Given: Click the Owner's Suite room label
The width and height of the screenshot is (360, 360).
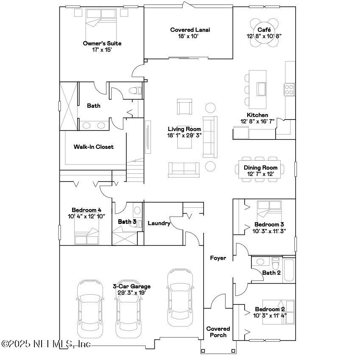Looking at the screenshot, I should tap(102, 43).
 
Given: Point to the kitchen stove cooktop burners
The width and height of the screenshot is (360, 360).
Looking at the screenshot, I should tap(289, 89).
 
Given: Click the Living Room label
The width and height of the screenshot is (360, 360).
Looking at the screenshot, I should tap(184, 129).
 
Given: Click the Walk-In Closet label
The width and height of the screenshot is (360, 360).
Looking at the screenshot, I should tap(93, 147).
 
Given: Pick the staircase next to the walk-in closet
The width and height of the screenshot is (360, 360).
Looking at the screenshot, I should tap(136, 169).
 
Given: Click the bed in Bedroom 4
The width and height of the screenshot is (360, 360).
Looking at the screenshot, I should tap(87, 236).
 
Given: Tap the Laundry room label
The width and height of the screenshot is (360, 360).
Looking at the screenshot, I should tap(159, 223).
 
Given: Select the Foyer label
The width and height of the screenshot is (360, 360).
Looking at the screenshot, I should tap(218, 258).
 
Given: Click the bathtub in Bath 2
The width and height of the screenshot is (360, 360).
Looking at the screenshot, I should tap(288, 269).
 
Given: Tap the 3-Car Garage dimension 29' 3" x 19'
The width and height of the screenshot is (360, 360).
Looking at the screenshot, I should tap(131, 293).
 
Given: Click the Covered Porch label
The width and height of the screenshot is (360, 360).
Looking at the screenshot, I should tap(218, 332).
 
